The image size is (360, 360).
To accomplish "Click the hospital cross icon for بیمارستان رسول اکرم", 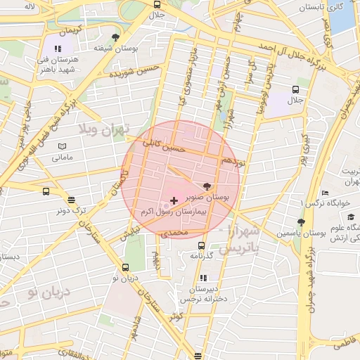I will tap(174, 201).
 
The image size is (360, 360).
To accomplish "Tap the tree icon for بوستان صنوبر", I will tap(207, 187).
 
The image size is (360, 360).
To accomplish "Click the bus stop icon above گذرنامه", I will tap(202, 245).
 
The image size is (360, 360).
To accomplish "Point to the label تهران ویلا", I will tap(108, 131).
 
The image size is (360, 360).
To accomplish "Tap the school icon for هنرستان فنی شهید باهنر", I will tap(58, 49).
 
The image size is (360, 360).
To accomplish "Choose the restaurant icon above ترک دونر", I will tap(72, 199).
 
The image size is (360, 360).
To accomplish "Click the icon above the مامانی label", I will tap(63, 146).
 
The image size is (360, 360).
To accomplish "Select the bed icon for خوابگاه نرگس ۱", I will tap(324, 193).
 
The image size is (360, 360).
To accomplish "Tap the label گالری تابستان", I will tap(321, 7).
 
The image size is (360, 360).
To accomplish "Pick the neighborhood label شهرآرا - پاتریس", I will tap(239, 240).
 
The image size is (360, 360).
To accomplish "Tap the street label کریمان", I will tap(70, 32).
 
